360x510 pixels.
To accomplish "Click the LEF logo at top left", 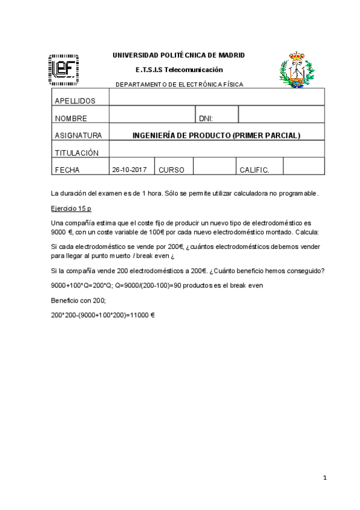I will click(63, 69).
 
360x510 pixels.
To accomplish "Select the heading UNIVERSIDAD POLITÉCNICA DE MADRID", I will click(179, 55).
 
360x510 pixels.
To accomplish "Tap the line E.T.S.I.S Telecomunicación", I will click(179, 70).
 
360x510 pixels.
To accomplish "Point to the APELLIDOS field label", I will click(75, 100).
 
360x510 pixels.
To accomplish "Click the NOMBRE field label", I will click(71, 118).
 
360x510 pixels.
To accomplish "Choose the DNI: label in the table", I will click(206, 118).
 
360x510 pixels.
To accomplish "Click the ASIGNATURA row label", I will click(78, 135).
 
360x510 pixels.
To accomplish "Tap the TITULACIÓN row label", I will click(76, 153).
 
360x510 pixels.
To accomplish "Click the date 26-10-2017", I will click(129, 170).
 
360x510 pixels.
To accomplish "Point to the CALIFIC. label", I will click(254, 170).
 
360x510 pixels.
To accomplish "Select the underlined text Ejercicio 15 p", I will click(72, 208).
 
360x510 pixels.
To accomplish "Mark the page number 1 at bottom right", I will click(325, 478).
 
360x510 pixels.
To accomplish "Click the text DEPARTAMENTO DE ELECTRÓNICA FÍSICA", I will click(179, 84).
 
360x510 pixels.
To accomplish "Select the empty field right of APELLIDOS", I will click(216, 97).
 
